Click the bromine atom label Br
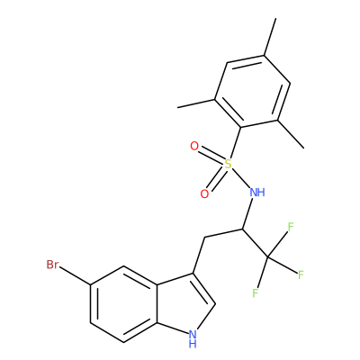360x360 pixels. (52, 265)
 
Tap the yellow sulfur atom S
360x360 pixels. (229, 164)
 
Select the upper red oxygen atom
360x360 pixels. (194, 147)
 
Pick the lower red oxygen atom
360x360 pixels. (204, 193)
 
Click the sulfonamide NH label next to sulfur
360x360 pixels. (257, 192)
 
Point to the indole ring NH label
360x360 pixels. (193, 338)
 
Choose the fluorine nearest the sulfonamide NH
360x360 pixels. (291, 227)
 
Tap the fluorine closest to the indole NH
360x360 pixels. (256, 292)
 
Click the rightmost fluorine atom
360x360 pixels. (301, 274)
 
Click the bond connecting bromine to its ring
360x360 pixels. (75, 274)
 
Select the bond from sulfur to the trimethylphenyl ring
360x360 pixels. (236, 142)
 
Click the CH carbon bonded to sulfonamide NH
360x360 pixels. (242, 229)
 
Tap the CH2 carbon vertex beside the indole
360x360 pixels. (204, 238)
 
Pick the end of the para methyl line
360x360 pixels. (275, 19)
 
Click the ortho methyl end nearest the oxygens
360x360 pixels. (177, 107)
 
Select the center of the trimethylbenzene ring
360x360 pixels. (252, 91)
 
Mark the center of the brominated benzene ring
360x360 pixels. (123, 303)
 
